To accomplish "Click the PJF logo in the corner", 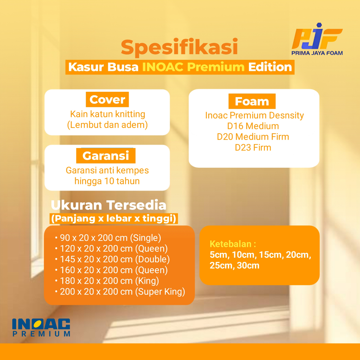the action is click(x=317, y=39).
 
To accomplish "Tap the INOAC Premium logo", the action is click(x=41, y=327).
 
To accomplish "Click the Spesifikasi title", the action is click(x=179, y=47).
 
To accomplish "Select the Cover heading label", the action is click(x=107, y=99).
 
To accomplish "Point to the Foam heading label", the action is click(x=252, y=101).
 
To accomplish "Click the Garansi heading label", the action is click(x=105, y=156).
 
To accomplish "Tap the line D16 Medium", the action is click(x=253, y=126).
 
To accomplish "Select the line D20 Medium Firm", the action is click(x=253, y=137).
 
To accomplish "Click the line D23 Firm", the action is click(x=253, y=148).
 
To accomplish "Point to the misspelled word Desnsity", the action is click(x=286, y=115).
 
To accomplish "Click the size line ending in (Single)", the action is click(x=108, y=238).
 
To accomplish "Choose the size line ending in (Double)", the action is click(x=112, y=259).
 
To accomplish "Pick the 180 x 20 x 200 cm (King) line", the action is click(x=107, y=281).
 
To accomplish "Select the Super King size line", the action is click(x=120, y=291).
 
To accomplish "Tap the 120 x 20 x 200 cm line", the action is click(x=111, y=249).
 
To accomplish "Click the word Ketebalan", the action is click(x=231, y=244).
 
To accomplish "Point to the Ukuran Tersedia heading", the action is click(x=108, y=205).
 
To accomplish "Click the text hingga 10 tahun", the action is click(x=107, y=181).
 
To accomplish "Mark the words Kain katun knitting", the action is click(x=108, y=114).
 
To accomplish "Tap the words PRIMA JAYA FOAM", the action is click(x=317, y=53).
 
